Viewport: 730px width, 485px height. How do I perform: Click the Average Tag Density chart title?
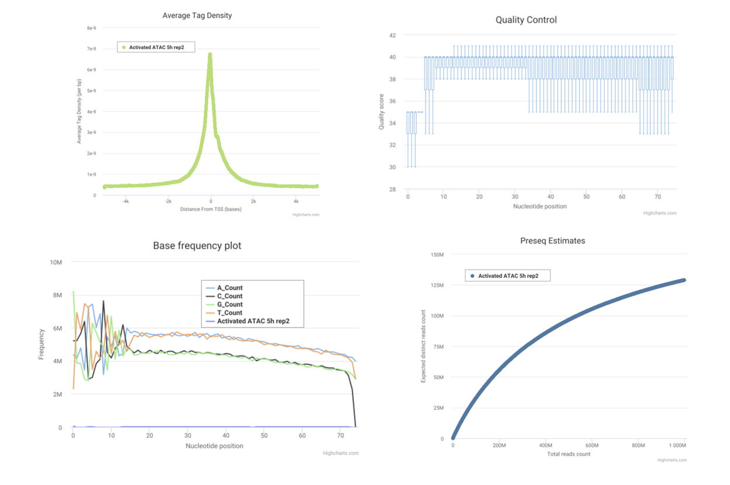[197, 16]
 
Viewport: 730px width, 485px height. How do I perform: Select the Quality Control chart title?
[526, 20]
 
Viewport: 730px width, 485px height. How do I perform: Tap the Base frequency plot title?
[197, 246]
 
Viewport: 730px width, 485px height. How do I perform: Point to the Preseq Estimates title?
[552, 240]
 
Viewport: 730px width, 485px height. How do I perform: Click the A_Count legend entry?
[229, 288]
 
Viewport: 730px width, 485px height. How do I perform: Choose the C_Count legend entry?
[229, 296]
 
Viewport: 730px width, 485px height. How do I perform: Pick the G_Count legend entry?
[229, 304]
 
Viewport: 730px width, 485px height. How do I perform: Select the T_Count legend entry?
[229, 312]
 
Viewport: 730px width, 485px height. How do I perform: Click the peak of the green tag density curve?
[210, 54]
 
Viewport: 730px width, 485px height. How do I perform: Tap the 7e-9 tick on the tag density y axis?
[92, 49]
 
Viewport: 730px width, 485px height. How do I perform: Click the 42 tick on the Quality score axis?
[392, 36]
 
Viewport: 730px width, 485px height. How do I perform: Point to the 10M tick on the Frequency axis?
[56, 263]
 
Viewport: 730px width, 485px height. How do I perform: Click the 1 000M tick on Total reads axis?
[675, 446]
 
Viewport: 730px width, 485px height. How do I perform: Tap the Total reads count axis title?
[568, 454]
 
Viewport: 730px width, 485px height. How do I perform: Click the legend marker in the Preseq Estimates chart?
[472, 276]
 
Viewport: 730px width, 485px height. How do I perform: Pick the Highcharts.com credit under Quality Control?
[659, 213]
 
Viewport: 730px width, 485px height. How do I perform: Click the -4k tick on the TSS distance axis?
[125, 201]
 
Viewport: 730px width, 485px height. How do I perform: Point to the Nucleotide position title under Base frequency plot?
[214, 446]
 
